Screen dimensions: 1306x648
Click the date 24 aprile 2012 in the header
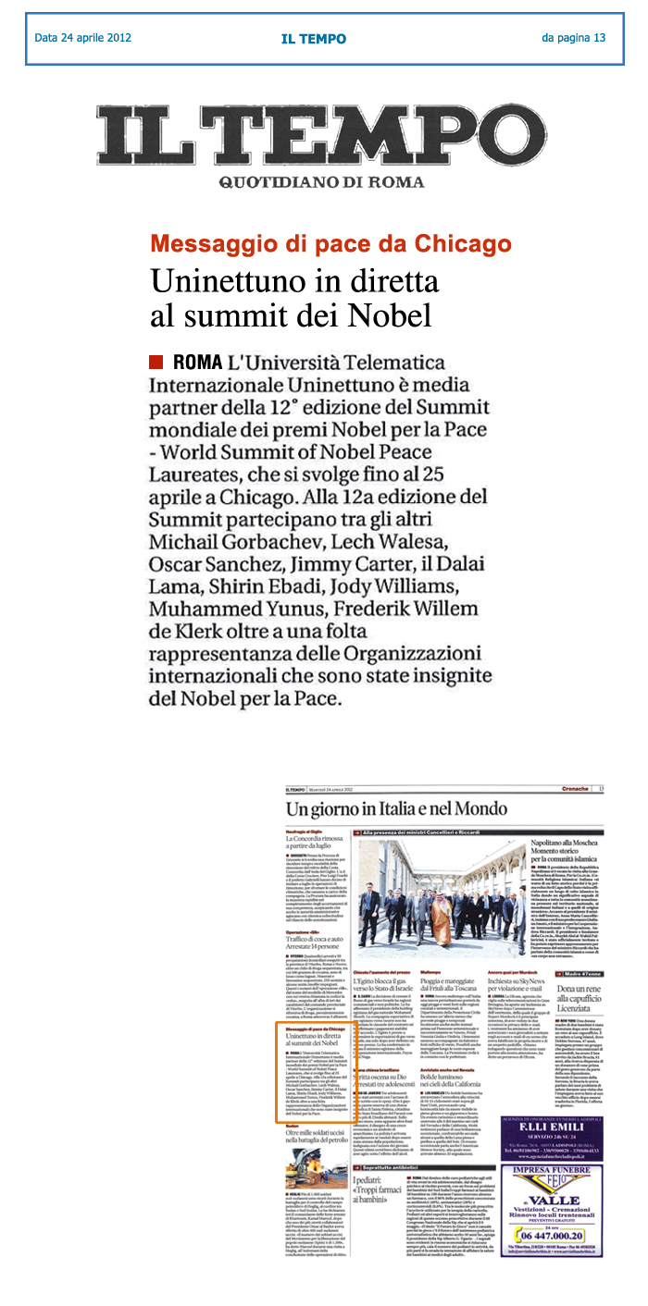point(82,38)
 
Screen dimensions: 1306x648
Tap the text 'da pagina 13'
point(573,38)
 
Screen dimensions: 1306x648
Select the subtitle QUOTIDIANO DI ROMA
point(321,182)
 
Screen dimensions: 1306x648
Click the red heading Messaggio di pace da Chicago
point(330,244)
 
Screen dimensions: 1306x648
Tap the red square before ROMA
point(156,361)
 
